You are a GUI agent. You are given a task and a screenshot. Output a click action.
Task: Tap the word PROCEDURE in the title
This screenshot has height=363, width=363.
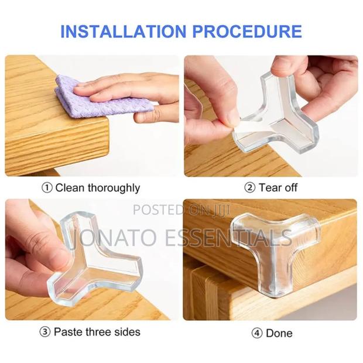click(251, 30)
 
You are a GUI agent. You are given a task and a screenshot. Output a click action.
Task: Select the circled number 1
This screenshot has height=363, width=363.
click(47, 188)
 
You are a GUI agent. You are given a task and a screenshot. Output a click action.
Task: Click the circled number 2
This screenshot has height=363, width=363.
click(249, 188)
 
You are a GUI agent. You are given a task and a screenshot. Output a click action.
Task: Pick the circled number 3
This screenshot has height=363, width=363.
click(45, 332)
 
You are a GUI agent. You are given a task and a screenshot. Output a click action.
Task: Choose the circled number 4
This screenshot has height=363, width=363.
click(256, 333)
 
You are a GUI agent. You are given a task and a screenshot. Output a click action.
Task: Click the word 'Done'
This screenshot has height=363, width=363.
click(279, 333)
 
